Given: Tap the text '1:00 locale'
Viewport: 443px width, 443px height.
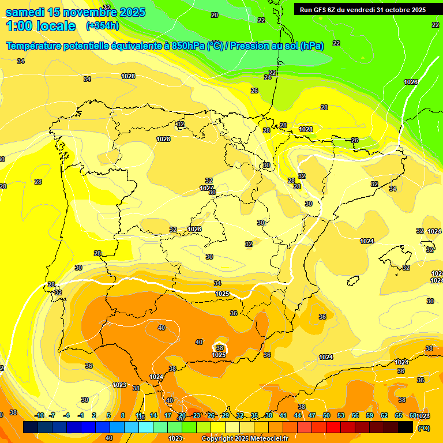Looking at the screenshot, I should tap(41, 26).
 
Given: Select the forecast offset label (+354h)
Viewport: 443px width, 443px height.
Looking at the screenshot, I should tap(102, 26).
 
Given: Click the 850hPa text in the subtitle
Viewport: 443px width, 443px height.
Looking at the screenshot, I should tap(185, 46).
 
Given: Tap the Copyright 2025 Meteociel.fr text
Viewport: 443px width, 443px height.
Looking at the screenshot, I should tap(245, 439).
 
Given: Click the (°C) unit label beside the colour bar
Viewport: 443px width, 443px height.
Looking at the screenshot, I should tap(423, 428).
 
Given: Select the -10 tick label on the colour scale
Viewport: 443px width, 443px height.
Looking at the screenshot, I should tap(39, 415).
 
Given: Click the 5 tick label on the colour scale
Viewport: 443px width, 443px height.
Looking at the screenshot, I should tap(108, 415).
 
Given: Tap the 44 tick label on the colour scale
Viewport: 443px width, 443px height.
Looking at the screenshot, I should tap(298, 415).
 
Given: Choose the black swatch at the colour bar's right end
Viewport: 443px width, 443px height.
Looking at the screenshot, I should tap(406, 427).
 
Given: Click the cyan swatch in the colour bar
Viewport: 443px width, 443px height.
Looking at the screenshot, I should tap(146, 427).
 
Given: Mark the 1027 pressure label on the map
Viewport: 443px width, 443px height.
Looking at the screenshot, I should tap(207, 188).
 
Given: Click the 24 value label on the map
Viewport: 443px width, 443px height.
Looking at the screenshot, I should tap(268, 77).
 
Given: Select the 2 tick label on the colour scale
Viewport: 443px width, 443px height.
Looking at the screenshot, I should tap(95, 415).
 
